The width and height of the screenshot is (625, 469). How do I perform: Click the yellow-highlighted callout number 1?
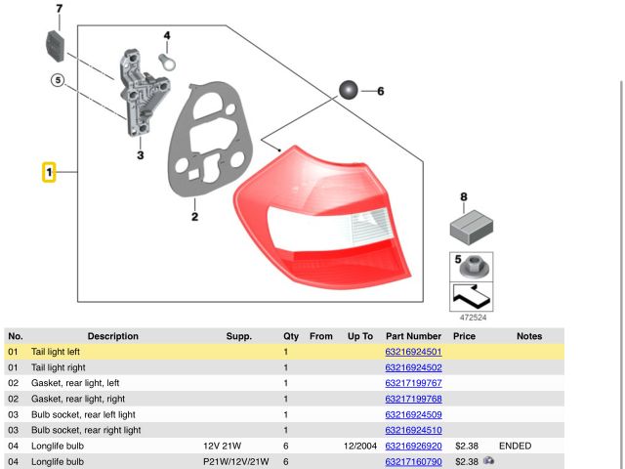coord(49,172)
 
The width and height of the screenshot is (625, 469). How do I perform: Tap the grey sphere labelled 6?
coord(349,90)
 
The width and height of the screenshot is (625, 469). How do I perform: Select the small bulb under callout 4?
coord(167,63)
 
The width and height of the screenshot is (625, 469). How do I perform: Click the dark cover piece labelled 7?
coord(55,46)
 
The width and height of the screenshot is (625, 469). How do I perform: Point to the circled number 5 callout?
coord(58,80)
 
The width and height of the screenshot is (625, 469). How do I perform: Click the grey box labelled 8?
coord(471,227)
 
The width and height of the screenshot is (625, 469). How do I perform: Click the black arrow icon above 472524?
coord(471,297)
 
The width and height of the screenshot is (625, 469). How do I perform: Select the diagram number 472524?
coord(473,318)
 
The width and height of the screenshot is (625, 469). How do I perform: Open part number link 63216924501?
coord(413,352)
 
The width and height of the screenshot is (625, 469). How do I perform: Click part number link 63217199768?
coord(413,399)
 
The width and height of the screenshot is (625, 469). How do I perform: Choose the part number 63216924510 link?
coord(413,430)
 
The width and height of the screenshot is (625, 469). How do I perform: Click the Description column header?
coord(113,336)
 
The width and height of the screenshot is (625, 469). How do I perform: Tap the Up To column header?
coord(360,336)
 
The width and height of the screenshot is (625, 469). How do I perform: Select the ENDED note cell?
coord(515,446)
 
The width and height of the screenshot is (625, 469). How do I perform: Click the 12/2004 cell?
coord(360,446)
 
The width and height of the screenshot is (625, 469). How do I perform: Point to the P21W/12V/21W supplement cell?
coord(236,461)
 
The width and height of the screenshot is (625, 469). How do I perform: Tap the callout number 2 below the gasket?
coord(194,217)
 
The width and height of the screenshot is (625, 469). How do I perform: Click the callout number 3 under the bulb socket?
coord(141,155)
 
